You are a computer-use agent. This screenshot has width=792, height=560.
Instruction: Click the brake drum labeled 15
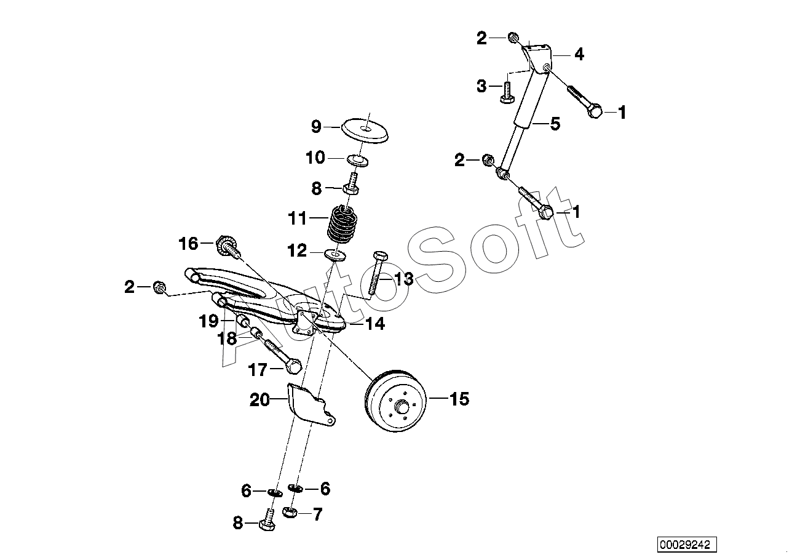[395, 401]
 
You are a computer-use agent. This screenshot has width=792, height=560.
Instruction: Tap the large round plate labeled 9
[365, 131]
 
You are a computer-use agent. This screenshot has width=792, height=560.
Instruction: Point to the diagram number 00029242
[687, 545]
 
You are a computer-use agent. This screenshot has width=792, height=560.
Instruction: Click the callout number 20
[260, 400]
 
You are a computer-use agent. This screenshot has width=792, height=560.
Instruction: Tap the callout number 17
[258, 370]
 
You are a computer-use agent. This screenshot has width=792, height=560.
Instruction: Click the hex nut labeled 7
[290, 512]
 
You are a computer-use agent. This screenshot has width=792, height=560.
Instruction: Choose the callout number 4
[579, 55]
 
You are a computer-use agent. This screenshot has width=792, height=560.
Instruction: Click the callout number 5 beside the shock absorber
[555, 124]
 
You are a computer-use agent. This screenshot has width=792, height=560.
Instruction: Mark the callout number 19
[209, 321]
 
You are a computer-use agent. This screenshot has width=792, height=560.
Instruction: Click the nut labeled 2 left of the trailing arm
[159, 287]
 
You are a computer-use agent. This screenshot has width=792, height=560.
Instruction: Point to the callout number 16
[188, 244]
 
